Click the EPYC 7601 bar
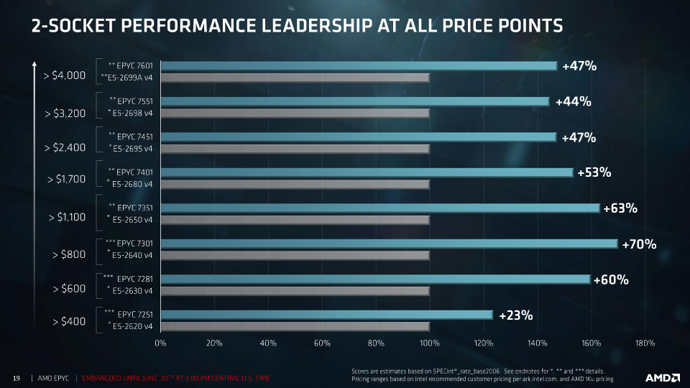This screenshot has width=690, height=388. click(x=358, y=66)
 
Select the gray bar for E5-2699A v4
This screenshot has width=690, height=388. click(x=295, y=78)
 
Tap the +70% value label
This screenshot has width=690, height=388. click(x=639, y=245)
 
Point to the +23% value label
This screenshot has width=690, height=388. click(x=515, y=315)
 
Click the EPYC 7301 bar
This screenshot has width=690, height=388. click(x=388, y=244)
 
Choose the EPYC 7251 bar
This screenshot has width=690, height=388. click(x=326, y=314)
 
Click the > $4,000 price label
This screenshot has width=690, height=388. click(x=65, y=75)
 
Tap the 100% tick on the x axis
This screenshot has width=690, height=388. click(x=430, y=343)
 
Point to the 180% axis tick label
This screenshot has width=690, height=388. click(x=645, y=343)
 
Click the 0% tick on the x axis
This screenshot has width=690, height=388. click(x=160, y=343)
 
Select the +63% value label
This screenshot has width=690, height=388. click(x=620, y=209)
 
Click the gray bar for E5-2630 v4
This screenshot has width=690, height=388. click(x=295, y=290)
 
